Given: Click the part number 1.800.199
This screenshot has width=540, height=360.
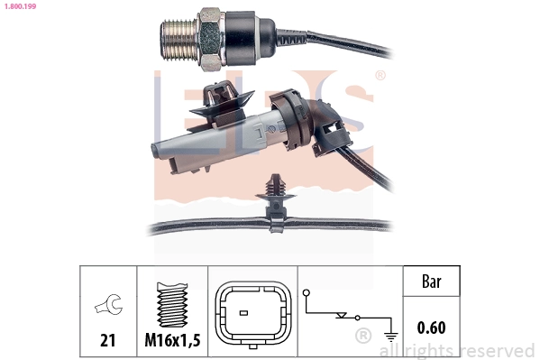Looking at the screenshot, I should (19, 7).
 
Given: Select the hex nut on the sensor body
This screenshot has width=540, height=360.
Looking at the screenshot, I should (210, 41).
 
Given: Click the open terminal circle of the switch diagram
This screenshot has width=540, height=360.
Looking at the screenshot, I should (307, 292).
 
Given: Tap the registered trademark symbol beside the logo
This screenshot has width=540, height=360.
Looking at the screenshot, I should (380, 76).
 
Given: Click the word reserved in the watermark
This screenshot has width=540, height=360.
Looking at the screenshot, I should (497, 349).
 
